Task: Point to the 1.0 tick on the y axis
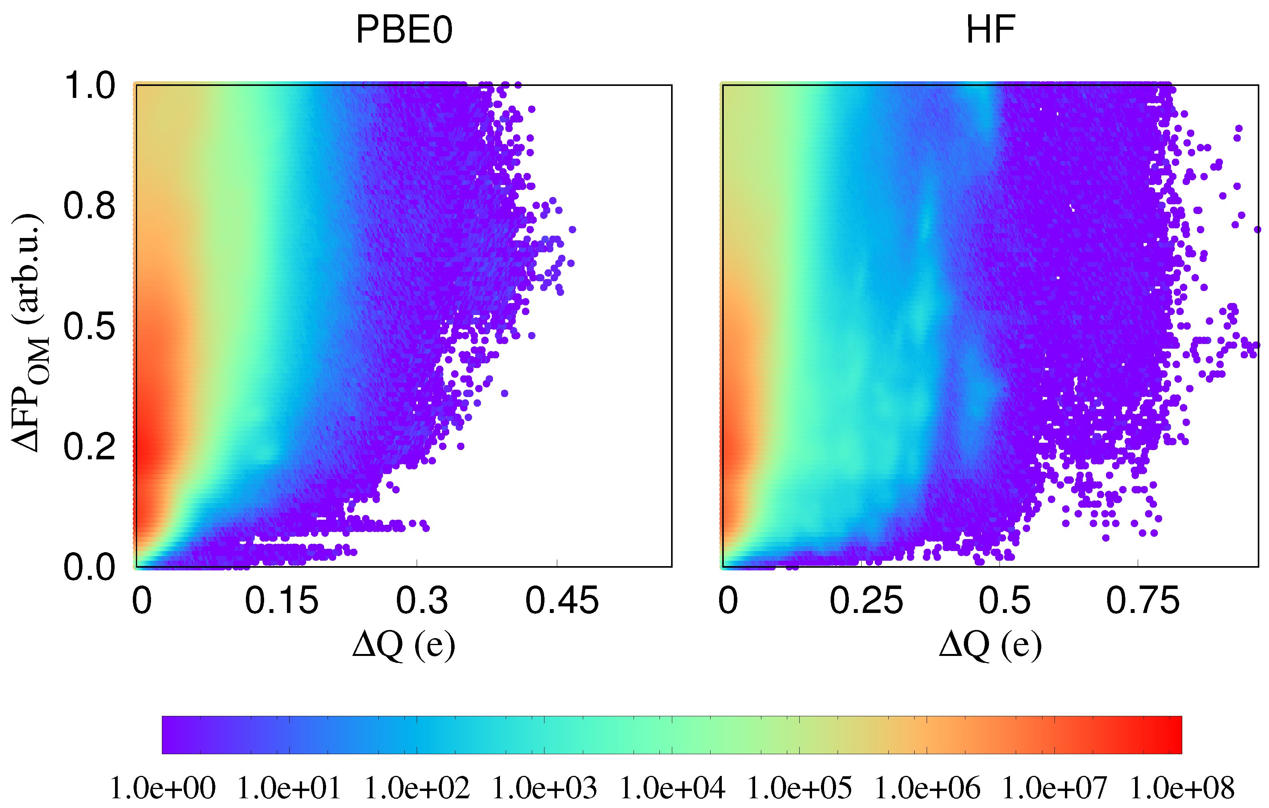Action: coord(89,86)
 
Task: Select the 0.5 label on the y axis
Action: coord(89,327)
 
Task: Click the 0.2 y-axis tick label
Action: coord(89,447)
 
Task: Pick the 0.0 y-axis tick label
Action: coord(89,568)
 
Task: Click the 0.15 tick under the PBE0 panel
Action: coord(282,601)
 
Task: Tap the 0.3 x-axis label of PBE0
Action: coord(422,601)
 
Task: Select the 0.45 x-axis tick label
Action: coord(562,601)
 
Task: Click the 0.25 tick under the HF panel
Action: coord(866,601)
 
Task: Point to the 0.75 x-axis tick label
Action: coord(1142,601)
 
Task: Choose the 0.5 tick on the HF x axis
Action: coord(1005,601)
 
